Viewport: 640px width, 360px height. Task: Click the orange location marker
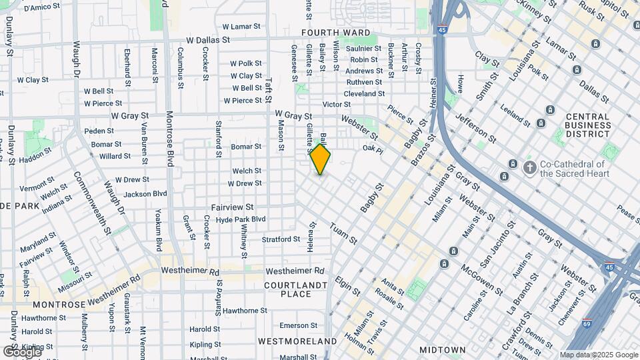[x=321, y=159]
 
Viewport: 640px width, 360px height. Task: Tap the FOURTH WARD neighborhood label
[x=335, y=32]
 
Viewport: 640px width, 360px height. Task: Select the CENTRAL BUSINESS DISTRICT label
[x=587, y=125]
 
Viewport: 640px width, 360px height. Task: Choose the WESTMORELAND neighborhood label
[x=297, y=341]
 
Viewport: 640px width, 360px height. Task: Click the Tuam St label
[x=343, y=233]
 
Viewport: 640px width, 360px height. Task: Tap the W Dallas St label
[x=208, y=40]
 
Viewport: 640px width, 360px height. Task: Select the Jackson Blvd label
[x=145, y=195]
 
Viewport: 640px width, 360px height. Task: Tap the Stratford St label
[x=281, y=239]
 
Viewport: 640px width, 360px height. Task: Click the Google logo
[x=21, y=351]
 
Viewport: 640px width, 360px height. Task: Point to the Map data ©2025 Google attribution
[x=599, y=355]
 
